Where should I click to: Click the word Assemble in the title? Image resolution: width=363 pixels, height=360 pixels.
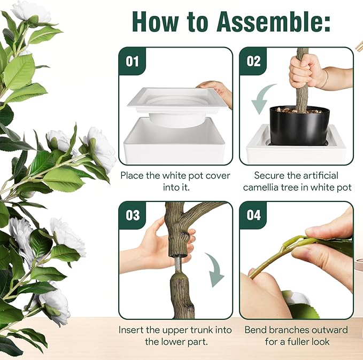[273, 21]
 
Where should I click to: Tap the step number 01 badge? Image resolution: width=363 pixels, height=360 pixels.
[132, 61]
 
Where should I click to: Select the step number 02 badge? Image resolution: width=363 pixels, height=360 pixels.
[253, 61]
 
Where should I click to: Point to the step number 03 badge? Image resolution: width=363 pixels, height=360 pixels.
[133, 215]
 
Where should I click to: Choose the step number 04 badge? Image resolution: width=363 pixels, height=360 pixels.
[253, 215]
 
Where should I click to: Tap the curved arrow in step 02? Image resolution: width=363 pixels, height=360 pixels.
[261, 99]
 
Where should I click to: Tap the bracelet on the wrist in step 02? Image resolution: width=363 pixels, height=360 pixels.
[327, 79]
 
